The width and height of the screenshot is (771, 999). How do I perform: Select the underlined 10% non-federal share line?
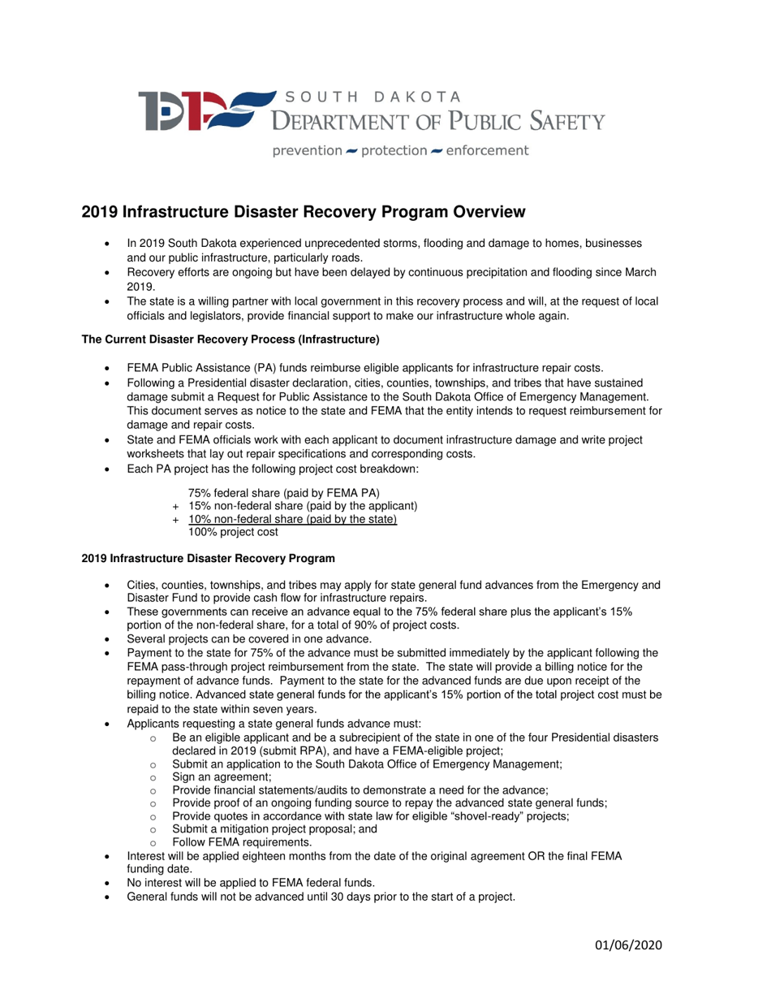(292, 519)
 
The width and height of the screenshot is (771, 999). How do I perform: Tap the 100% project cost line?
(233, 532)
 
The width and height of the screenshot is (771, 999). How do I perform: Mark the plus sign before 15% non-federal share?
(177, 507)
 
